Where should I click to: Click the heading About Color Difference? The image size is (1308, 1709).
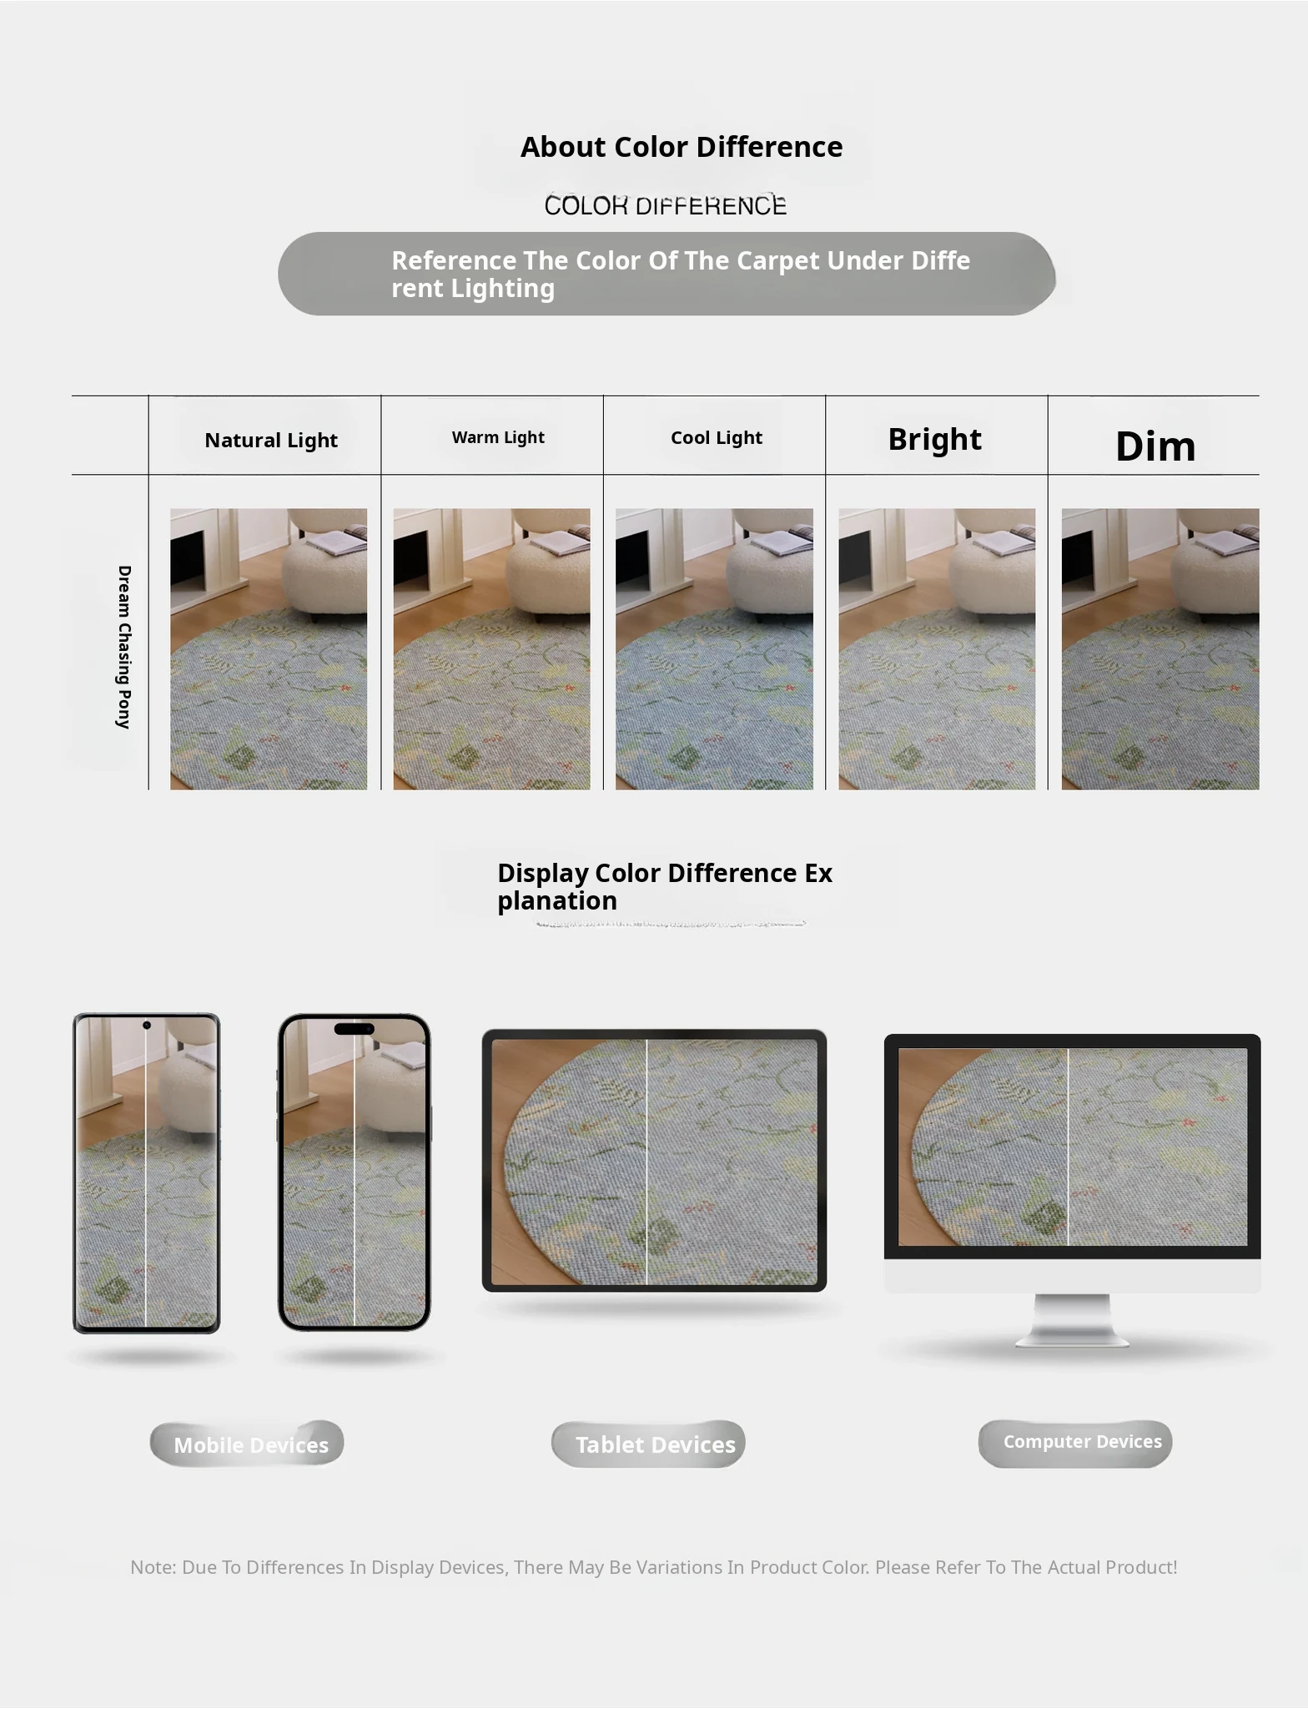click(x=682, y=147)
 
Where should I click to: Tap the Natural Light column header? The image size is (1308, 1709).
click(x=271, y=440)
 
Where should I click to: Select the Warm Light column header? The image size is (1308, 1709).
click(x=498, y=437)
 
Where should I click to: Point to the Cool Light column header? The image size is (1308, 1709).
click(x=717, y=437)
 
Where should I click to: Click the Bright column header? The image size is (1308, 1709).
click(x=934, y=439)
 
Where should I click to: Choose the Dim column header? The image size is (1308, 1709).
click(x=1155, y=446)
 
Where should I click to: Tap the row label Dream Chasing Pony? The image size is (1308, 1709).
click(x=124, y=647)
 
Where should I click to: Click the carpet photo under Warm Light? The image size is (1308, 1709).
click(x=491, y=649)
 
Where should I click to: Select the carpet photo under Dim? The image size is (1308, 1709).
click(x=1160, y=649)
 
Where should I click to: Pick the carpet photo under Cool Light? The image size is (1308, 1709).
click(x=714, y=649)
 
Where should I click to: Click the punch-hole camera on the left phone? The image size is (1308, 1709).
click(x=147, y=1025)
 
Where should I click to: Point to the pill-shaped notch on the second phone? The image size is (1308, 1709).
click(x=355, y=1029)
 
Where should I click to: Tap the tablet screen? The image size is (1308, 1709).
click(x=655, y=1162)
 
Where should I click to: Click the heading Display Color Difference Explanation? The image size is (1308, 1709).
click(x=665, y=886)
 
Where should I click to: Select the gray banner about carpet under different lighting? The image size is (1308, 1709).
click(x=667, y=274)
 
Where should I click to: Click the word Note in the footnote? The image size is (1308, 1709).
click(x=152, y=1567)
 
